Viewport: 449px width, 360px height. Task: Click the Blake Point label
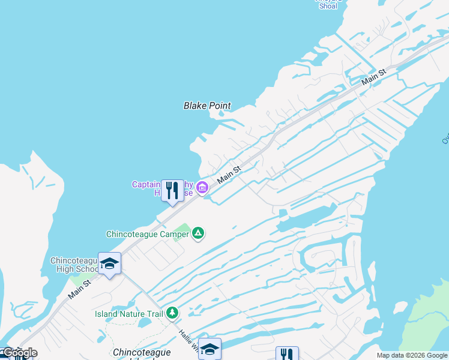pos(206,106)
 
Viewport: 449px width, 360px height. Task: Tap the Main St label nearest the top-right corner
pos(373,77)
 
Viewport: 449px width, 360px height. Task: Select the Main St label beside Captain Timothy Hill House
pos(229,175)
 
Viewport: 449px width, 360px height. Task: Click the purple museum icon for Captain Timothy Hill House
pos(202,188)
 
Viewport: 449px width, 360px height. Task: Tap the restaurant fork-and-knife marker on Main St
pos(173,191)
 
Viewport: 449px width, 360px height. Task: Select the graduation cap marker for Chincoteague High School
pos(109,263)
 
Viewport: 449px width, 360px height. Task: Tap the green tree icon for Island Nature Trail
pos(172,313)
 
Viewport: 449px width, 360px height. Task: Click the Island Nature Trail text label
pos(128,314)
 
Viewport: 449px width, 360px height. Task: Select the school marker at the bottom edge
pos(209,349)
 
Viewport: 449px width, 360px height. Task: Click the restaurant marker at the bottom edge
pos(287,355)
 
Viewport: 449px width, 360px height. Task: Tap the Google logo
pos(19,353)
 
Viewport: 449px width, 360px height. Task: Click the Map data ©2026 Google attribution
pos(412,355)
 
